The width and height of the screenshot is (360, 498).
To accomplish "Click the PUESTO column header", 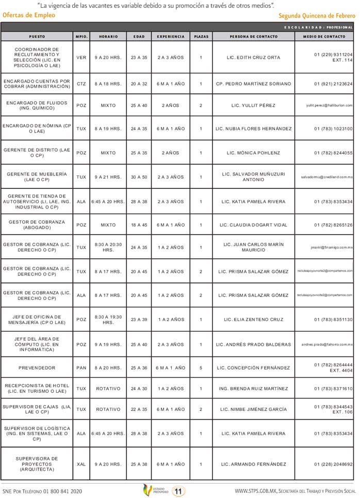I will tap(37, 37).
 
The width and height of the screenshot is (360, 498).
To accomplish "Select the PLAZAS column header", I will tap(201, 37).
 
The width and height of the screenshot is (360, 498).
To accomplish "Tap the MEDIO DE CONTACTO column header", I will tap(324, 37).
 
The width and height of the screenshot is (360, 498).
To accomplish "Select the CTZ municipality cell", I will tap(81, 84).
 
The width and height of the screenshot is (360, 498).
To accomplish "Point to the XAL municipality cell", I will tap(81, 464).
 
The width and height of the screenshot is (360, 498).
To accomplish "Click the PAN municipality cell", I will tap(81, 368).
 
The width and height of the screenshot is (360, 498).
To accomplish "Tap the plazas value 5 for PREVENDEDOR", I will tap(201, 368).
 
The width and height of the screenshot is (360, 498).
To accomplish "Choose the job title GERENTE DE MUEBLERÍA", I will tap(37, 177).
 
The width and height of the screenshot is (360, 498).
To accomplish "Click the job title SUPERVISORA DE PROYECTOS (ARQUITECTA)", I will tap(37, 464).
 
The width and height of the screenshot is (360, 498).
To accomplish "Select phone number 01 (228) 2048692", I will tap(333, 464).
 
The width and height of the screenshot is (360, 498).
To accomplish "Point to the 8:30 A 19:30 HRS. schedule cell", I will tap(108, 319).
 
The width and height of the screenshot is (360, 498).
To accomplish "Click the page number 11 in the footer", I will tap(178, 491).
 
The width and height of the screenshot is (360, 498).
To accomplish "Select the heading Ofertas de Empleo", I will tap(29, 15).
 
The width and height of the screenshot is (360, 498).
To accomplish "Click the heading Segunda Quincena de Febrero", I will tap(317, 16).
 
